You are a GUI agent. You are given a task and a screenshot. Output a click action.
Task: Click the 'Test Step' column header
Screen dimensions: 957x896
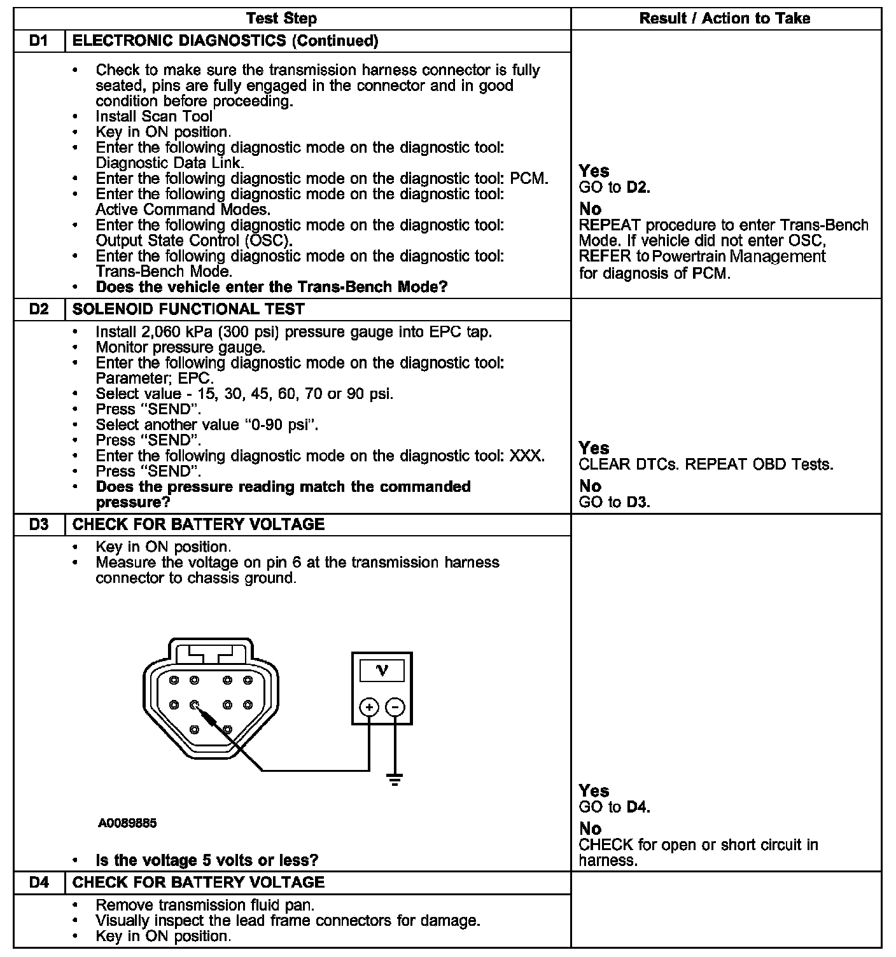click(x=281, y=18)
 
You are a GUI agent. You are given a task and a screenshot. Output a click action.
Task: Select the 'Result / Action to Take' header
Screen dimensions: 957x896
click(x=724, y=18)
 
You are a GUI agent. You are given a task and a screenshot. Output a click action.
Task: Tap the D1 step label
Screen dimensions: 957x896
click(x=39, y=41)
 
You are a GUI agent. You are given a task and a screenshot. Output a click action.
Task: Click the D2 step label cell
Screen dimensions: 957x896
click(x=39, y=309)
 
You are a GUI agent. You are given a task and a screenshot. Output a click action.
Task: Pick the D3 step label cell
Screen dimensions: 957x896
click(x=39, y=524)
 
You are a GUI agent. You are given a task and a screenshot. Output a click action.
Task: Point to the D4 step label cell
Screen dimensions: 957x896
click(x=39, y=882)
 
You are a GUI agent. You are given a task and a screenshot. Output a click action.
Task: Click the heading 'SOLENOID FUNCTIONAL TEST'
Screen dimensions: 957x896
click(x=189, y=309)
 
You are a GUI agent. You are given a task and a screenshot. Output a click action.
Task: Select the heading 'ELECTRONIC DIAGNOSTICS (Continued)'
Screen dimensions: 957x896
click(x=225, y=41)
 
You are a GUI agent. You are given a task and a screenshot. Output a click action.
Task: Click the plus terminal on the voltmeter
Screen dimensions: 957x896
click(x=369, y=707)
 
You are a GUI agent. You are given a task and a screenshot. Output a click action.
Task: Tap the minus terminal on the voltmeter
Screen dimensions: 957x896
click(x=396, y=707)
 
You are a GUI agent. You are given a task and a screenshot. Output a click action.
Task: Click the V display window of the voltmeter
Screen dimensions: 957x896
click(x=382, y=671)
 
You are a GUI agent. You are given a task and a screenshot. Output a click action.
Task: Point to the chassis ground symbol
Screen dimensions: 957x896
click(x=395, y=779)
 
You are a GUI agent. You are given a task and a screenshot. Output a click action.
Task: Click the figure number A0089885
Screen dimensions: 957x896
click(x=127, y=823)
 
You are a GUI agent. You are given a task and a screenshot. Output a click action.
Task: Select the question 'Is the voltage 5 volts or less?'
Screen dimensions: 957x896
click(x=207, y=860)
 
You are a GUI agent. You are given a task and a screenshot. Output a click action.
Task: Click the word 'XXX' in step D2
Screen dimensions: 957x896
click(x=527, y=456)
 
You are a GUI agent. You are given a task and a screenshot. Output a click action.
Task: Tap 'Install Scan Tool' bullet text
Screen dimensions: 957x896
click(x=154, y=116)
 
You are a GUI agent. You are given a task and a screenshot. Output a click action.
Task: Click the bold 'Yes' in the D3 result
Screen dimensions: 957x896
click(x=594, y=791)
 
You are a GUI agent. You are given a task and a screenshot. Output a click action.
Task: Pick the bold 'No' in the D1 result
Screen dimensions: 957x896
click(x=590, y=209)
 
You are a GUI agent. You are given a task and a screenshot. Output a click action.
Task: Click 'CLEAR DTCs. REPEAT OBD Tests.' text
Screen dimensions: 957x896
click(x=706, y=465)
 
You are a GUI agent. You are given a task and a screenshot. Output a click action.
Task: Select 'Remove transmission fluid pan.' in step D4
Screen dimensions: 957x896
click(x=205, y=905)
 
